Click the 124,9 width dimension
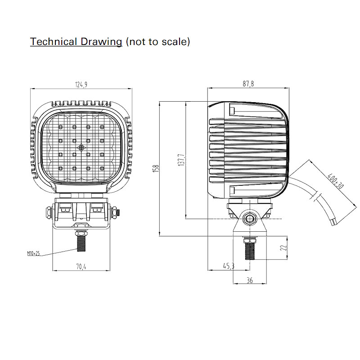click(81, 85)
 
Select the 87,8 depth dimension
click(248, 84)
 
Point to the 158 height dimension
click(156, 168)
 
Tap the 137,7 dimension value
click(181, 160)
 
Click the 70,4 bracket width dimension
click(81, 266)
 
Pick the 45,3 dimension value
click(229, 266)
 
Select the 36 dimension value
click(250, 280)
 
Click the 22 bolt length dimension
click(284, 247)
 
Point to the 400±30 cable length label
click(335, 181)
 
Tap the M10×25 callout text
click(33, 253)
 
